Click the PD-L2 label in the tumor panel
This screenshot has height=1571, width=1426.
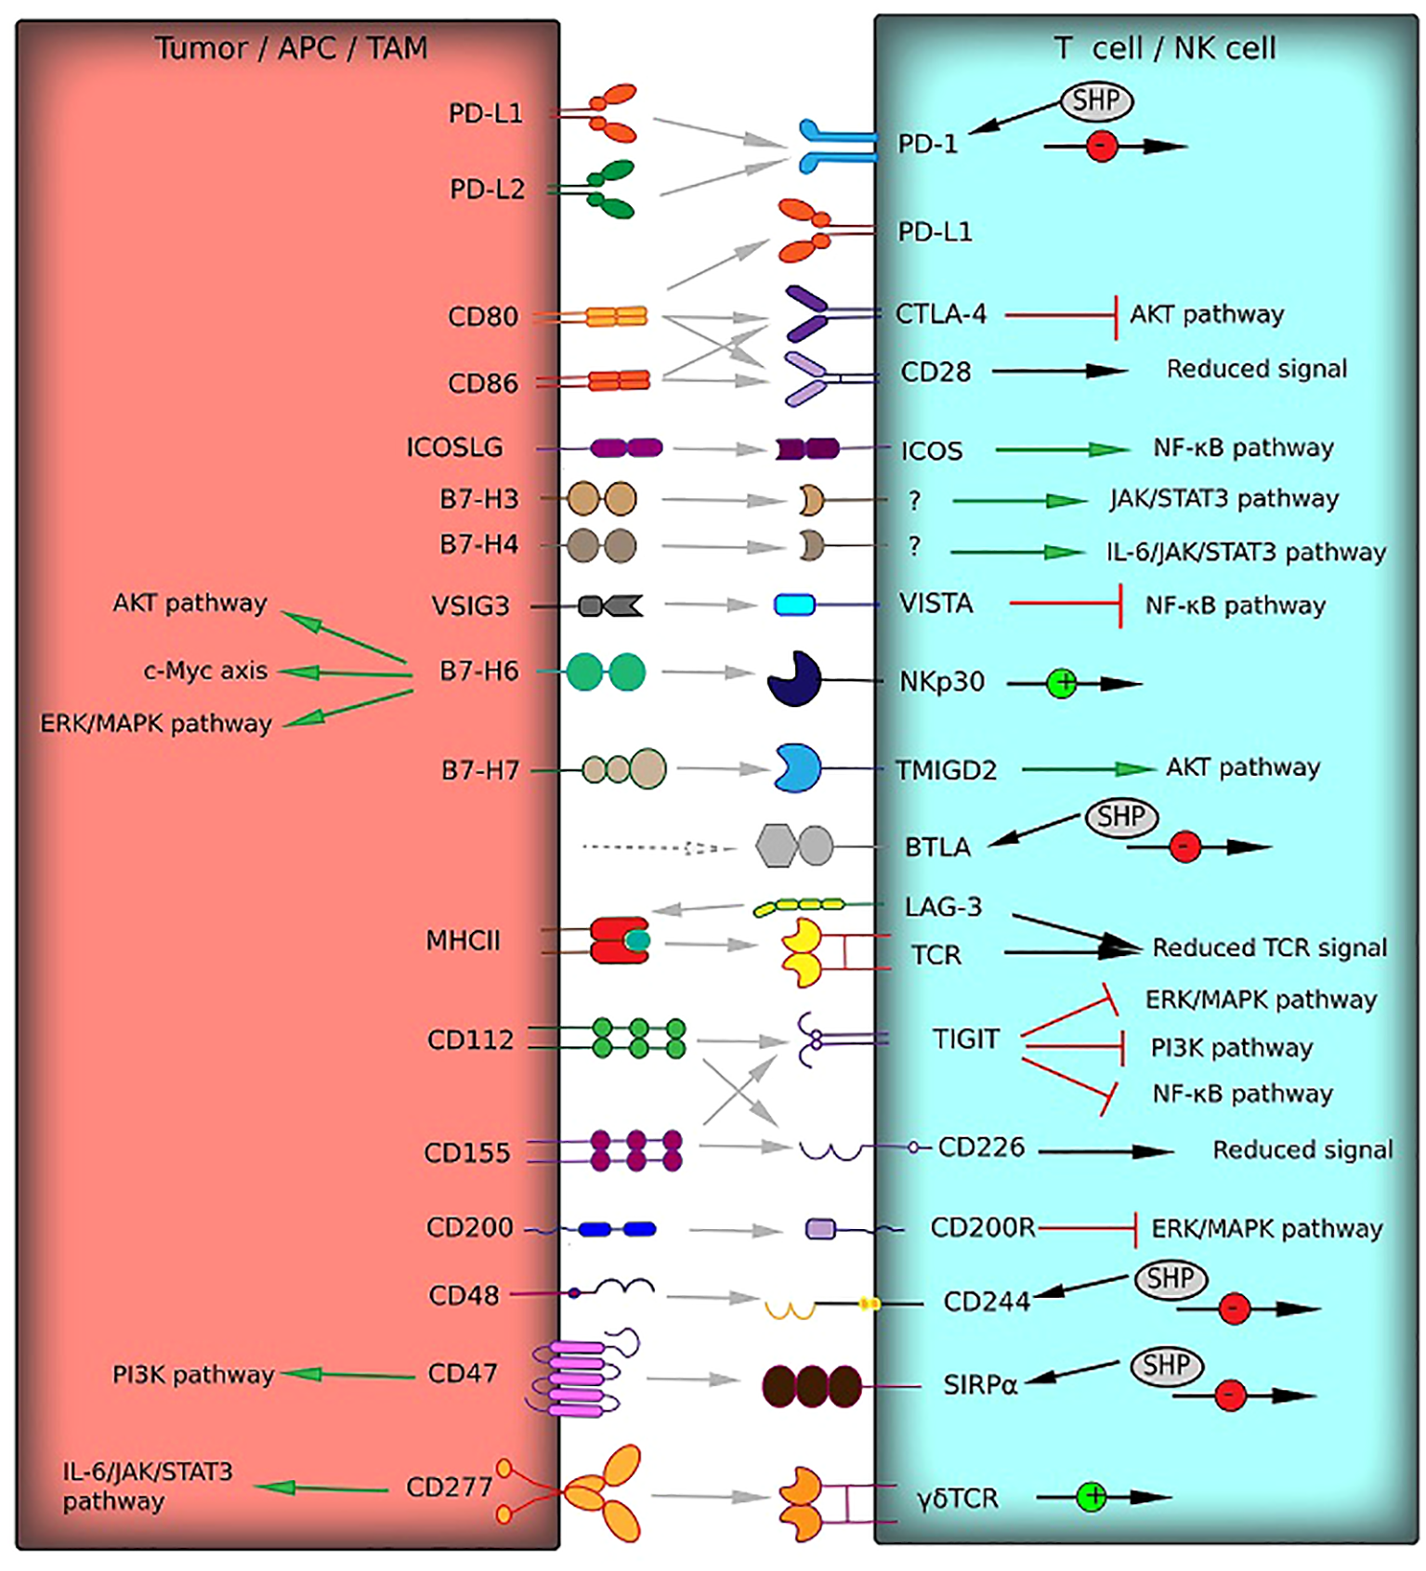[487, 190]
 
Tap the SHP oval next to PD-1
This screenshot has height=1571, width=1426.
[1096, 101]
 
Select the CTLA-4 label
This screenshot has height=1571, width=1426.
[940, 315]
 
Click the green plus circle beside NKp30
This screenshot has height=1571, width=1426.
[1062, 684]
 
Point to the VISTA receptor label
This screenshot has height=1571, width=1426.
[935, 604]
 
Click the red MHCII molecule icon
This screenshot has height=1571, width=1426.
[619, 940]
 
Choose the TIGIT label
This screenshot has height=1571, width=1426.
[965, 1039]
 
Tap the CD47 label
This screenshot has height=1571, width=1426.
[462, 1373]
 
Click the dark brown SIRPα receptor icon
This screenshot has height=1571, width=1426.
[811, 1386]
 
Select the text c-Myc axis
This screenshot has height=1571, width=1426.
[205, 671]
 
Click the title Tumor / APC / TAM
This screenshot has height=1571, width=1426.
[291, 48]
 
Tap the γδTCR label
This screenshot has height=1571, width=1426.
[957, 1499]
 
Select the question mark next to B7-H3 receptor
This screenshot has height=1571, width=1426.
[914, 501]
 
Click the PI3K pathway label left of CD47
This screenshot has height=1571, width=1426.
[193, 1375]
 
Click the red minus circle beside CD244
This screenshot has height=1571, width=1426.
[1233, 1308]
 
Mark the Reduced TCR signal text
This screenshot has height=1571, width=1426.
[1269, 948]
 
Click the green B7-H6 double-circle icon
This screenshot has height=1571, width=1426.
[605, 672]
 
